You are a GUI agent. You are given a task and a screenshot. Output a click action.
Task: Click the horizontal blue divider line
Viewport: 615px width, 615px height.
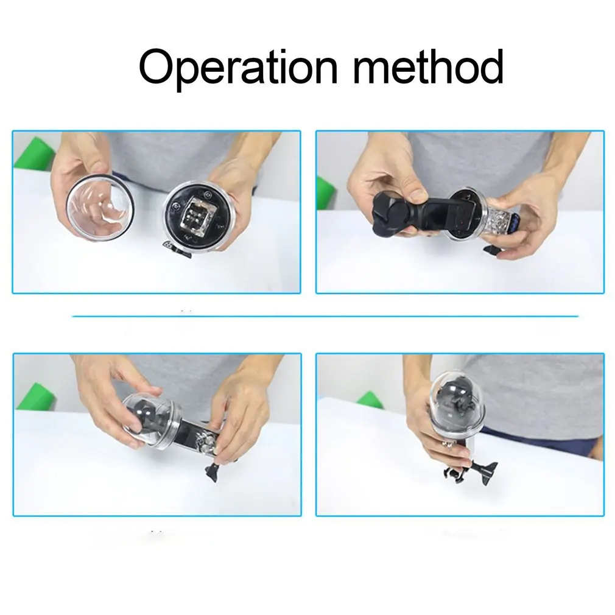[x=325, y=316]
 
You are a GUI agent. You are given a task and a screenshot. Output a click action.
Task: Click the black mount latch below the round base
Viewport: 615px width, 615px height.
[x=177, y=250]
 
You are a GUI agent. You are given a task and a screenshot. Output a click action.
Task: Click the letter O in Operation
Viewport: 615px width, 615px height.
[x=157, y=66]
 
